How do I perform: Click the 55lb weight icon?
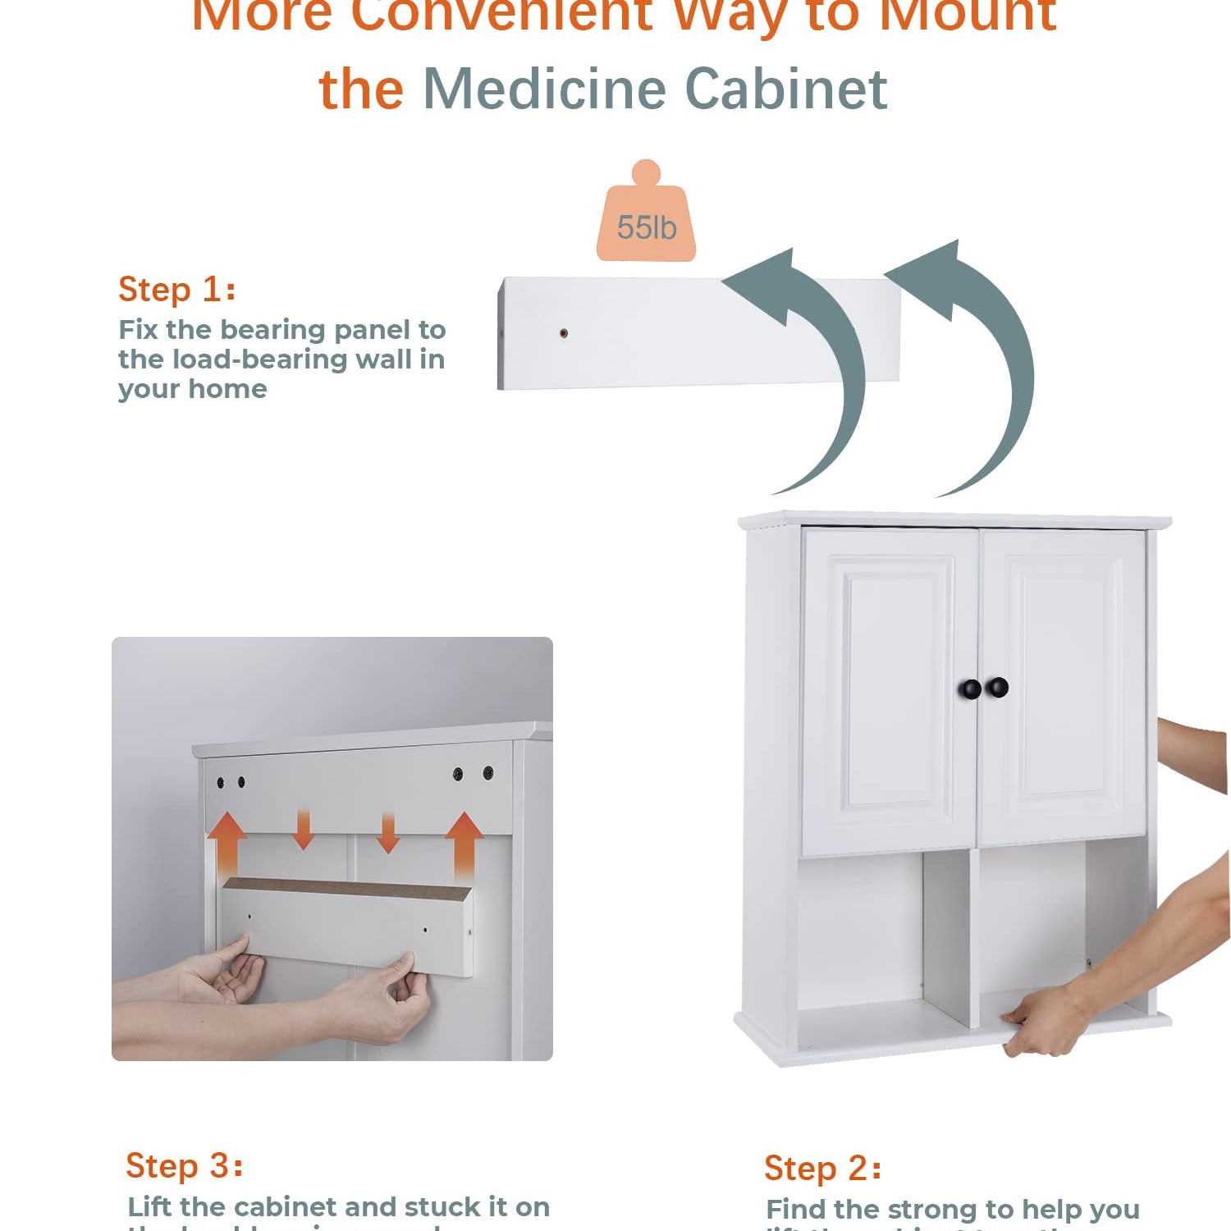(646, 217)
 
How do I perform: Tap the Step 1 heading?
(177, 290)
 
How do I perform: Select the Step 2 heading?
(822, 1168)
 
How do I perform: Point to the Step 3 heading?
(185, 1165)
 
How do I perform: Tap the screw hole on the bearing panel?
(563, 333)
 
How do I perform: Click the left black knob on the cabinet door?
(971, 689)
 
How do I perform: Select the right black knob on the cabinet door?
(998, 686)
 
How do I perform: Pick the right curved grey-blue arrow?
(977, 353)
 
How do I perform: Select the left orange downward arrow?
(304, 829)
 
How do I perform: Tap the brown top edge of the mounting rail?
(345, 888)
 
